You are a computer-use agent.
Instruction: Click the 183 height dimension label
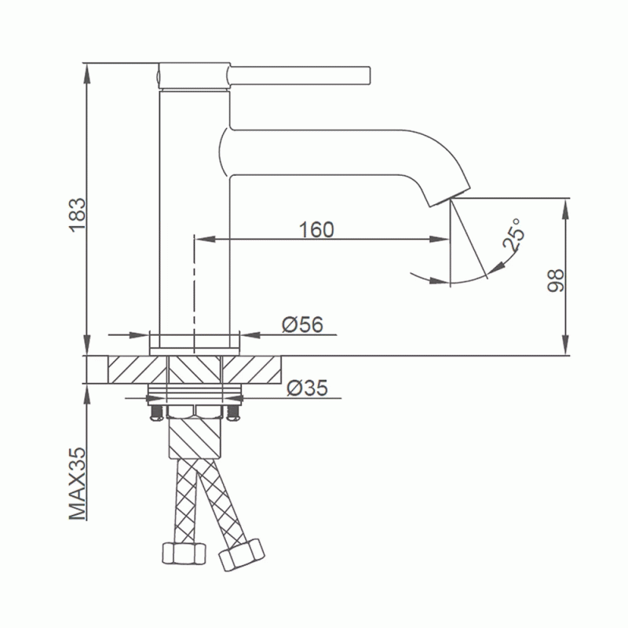click(78, 214)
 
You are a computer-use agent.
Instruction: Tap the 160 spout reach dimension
click(316, 229)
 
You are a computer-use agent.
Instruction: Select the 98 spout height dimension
click(556, 281)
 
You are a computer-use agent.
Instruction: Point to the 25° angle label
click(513, 235)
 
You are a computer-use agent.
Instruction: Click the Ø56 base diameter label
click(302, 324)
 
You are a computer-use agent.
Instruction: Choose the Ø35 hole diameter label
click(308, 388)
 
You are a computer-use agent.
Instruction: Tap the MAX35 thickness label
click(78, 484)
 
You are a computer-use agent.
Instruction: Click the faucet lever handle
click(299, 75)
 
